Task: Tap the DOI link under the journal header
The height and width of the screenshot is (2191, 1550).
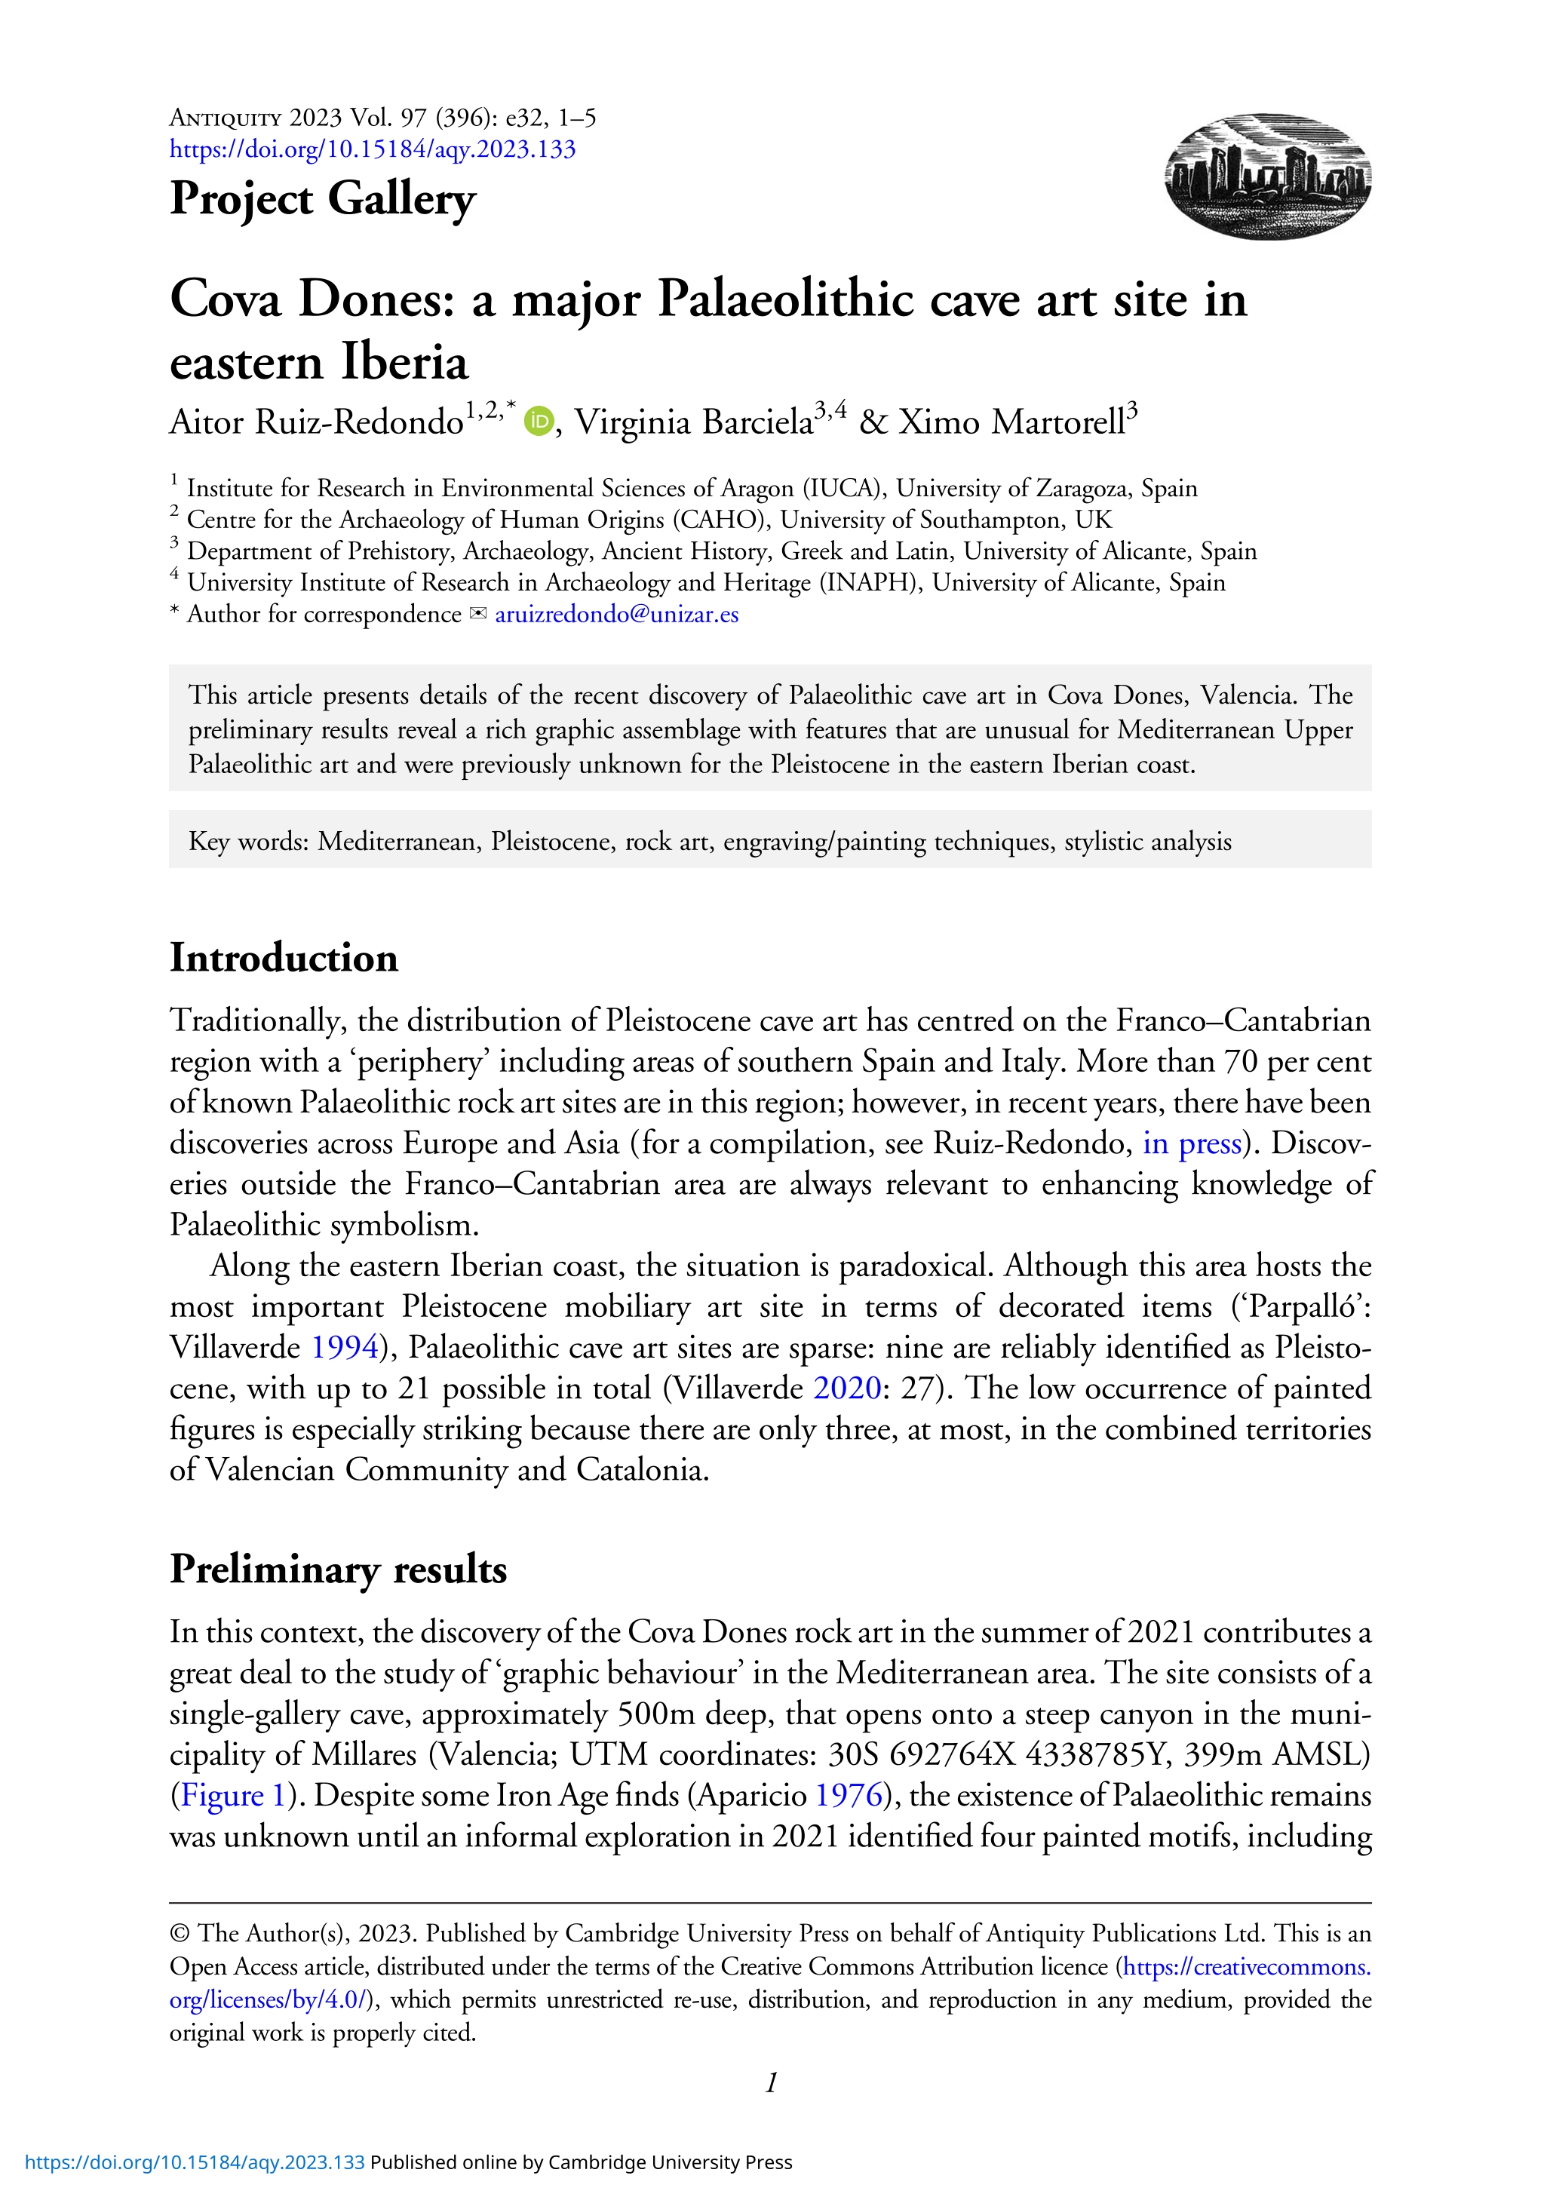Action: click(x=373, y=150)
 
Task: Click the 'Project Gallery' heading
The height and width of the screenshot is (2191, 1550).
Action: click(x=323, y=198)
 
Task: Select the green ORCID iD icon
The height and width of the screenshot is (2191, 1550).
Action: click(x=539, y=421)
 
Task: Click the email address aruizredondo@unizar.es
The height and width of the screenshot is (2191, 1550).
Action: click(x=616, y=615)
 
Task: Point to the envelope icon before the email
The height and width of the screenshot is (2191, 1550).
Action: click(x=477, y=615)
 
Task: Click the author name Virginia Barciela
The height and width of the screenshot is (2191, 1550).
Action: click(x=693, y=422)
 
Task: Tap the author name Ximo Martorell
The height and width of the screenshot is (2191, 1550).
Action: click(x=1011, y=422)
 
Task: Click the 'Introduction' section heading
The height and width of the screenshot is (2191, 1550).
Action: click(x=284, y=958)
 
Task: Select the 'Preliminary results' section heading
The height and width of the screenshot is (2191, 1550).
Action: click(x=338, y=1570)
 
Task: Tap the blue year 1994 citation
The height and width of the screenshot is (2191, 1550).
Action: click(x=345, y=1348)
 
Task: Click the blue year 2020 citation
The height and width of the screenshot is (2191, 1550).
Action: click(x=846, y=1389)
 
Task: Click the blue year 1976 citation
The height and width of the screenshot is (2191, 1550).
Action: click(x=848, y=1796)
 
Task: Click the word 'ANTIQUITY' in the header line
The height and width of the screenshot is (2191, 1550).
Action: click(x=226, y=118)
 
